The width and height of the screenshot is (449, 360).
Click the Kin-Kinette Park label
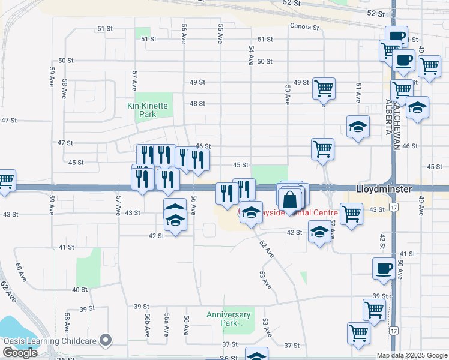148,106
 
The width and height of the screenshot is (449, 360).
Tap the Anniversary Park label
228,319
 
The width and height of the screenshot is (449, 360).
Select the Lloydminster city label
384,189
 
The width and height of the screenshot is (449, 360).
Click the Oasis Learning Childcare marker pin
107,341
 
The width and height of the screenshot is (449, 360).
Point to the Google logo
20,353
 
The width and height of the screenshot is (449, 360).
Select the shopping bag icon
290,199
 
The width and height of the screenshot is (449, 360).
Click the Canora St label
304,26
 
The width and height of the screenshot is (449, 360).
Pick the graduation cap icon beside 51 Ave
358,127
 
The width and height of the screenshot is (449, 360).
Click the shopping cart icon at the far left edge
5,181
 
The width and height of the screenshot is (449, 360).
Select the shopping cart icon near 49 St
324,88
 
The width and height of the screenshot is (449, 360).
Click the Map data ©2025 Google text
412,355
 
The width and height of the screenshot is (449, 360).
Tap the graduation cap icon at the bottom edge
257,355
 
